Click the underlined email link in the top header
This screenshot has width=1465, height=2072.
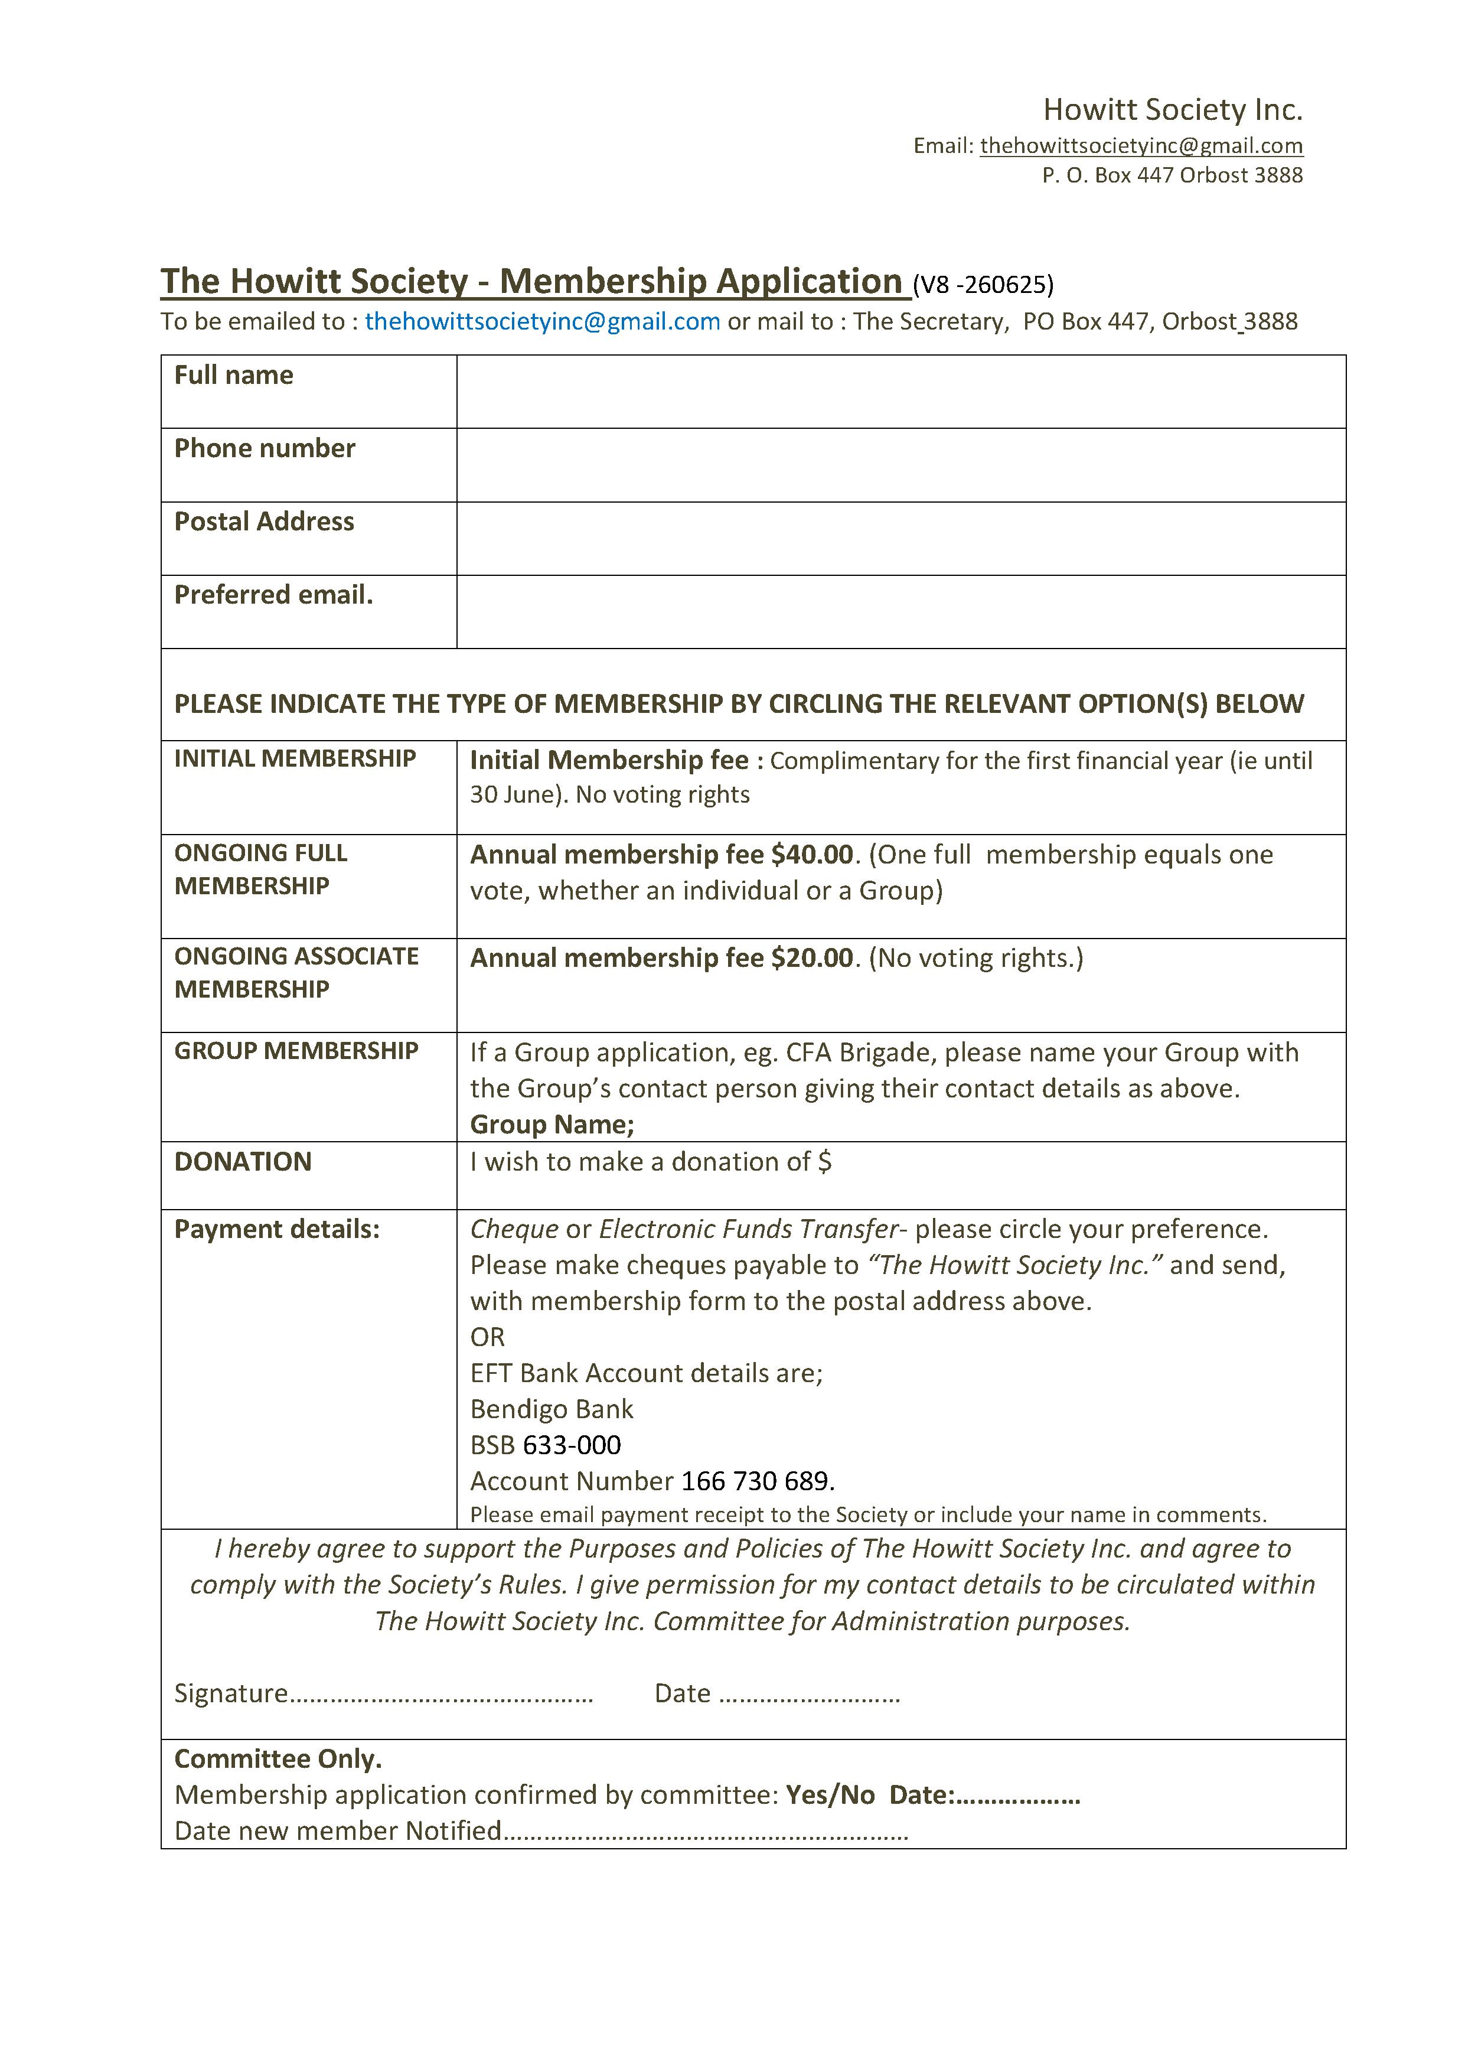click(1141, 146)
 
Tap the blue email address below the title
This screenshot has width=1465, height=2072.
click(542, 321)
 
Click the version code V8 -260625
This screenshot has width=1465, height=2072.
click(983, 285)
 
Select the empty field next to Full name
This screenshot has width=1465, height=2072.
click(900, 392)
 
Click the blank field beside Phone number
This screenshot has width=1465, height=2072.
click(900, 465)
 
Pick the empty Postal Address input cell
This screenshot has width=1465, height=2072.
click(900, 538)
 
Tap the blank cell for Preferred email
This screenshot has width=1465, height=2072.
click(900, 612)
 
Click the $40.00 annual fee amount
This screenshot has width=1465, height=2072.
click(812, 855)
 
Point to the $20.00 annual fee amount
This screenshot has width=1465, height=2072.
click(812, 957)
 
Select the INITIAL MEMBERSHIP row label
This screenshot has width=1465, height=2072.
click(295, 759)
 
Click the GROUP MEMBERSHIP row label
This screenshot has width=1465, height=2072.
click(296, 1050)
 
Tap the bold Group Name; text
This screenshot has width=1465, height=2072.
click(552, 1125)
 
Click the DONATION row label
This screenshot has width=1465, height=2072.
click(243, 1161)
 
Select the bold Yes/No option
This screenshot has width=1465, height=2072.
click(830, 1795)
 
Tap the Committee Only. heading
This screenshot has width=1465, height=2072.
click(278, 1759)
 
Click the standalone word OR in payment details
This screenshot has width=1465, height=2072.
click(487, 1337)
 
